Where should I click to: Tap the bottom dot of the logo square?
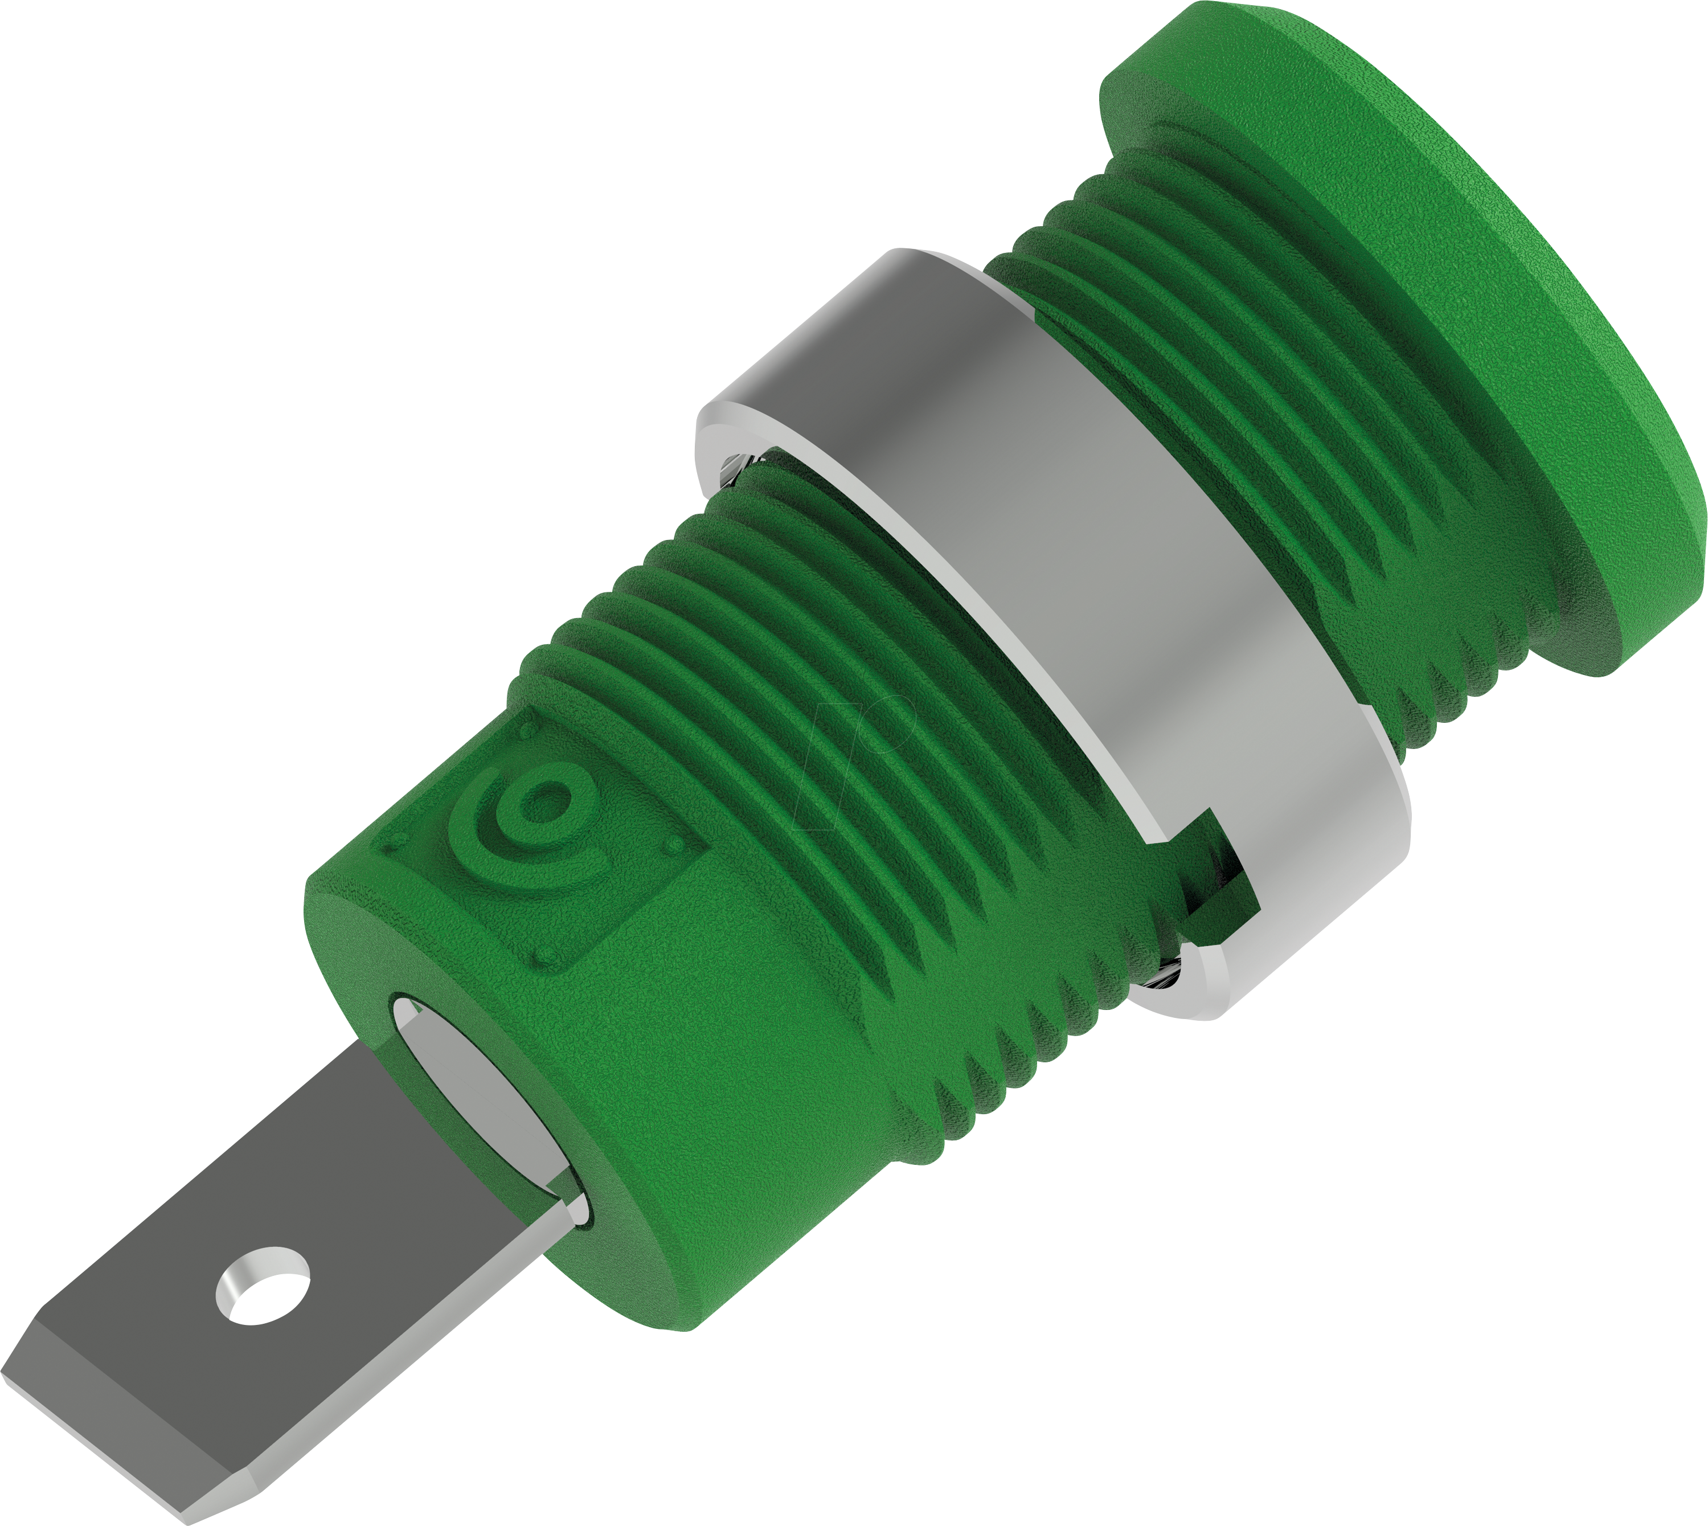point(547,956)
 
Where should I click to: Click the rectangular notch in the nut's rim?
point(1216,872)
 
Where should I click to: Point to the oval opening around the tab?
point(486,1107)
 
